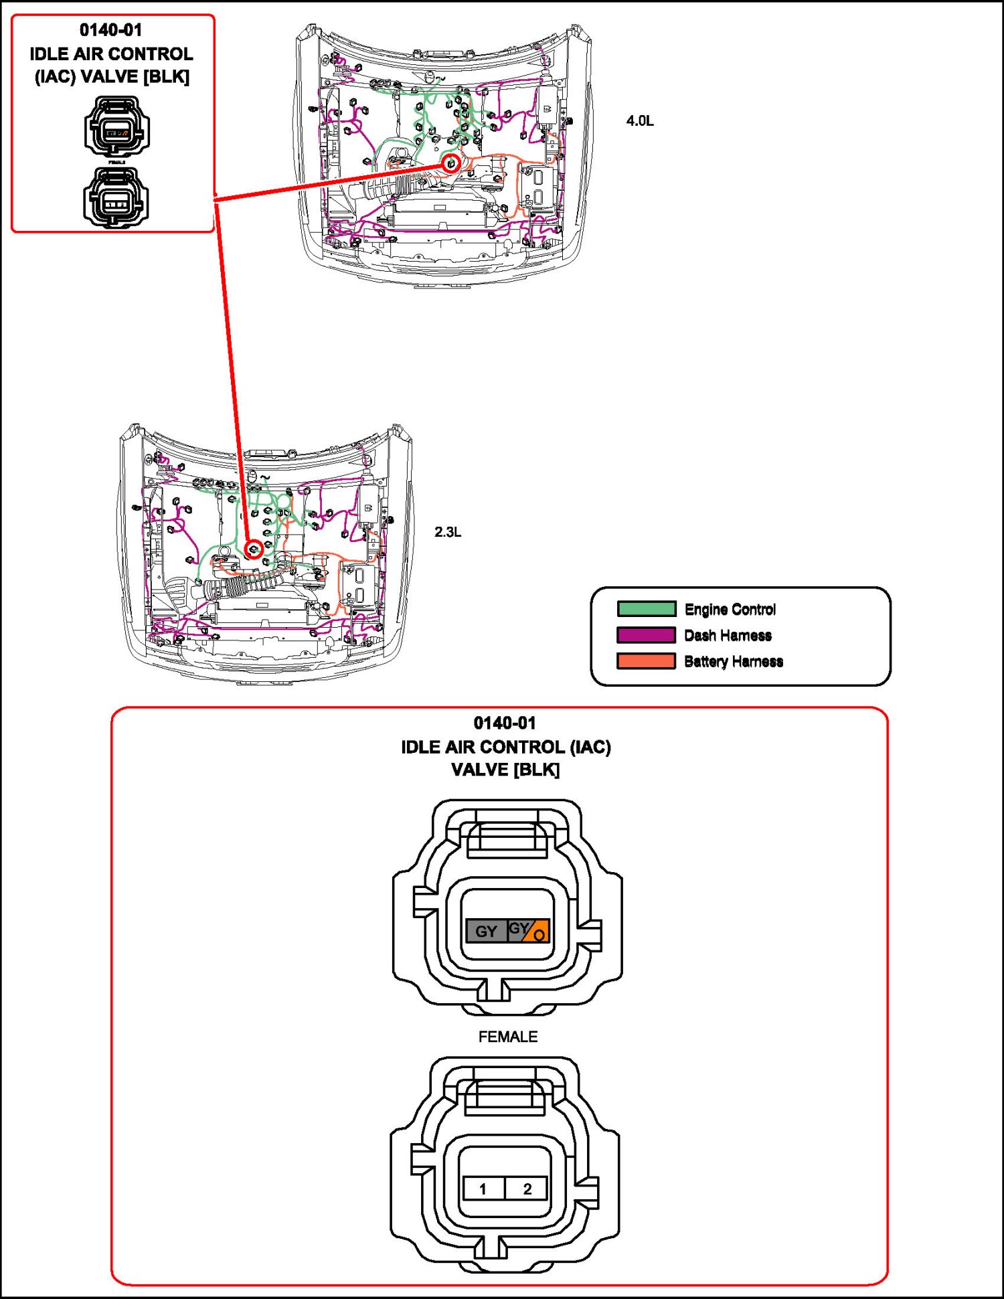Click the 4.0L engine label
point(639,121)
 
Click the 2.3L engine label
point(447,532)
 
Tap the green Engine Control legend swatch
point(646,609)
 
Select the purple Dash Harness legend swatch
point(646,635)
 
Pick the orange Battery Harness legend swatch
point(646,661)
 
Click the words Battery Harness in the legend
point(733,661)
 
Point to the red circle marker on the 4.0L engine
point(452,163)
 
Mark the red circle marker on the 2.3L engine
point(254,550)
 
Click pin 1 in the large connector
point(483,1189)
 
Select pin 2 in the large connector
point(527,1189)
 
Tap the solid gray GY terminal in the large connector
point(487,931)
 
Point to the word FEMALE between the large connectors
point(507,1037)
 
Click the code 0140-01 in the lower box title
point(505,723)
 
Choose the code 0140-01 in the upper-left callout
point(111,30)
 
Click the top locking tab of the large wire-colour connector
point(507,837)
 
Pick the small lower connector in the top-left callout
point(116,198)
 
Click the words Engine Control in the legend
point(730,609)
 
